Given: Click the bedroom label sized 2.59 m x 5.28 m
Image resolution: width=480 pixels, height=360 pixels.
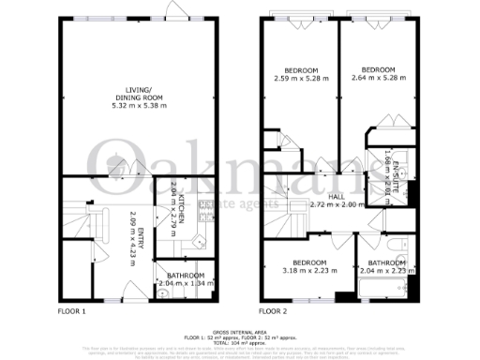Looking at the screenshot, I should coord(300,70).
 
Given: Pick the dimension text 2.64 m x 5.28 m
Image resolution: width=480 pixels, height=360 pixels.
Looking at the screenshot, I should coord(380,78).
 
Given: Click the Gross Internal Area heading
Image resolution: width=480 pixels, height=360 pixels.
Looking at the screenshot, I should coord(239,332).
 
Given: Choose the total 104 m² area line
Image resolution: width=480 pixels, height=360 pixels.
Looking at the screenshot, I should coord(239,343).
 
